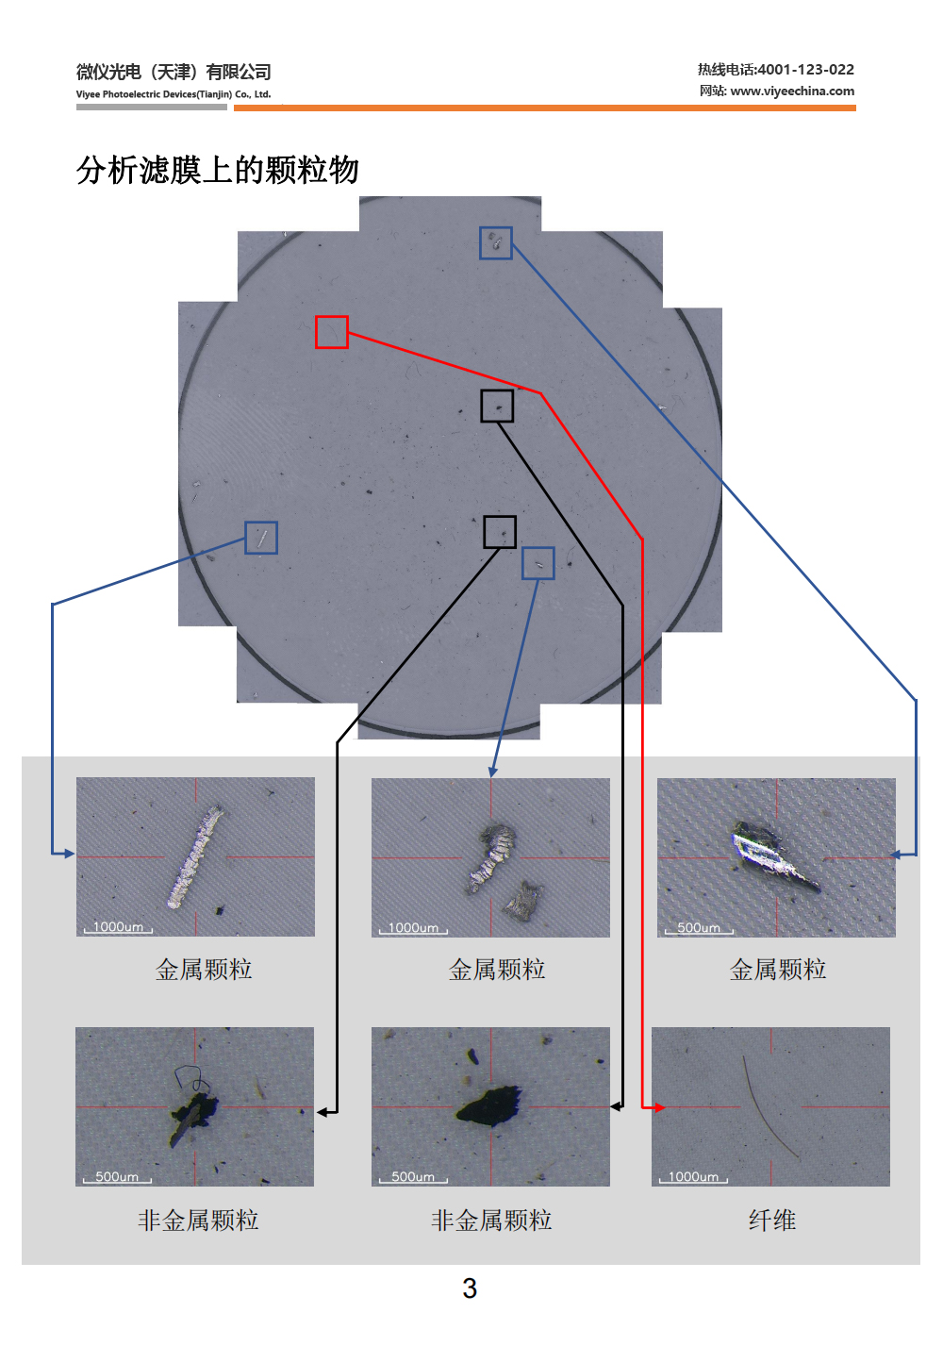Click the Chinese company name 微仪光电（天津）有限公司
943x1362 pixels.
coord(174,72)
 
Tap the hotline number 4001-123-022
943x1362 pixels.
coord(805,70)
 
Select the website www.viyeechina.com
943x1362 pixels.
coord(792,91)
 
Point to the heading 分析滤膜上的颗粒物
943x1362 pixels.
coord(218,171)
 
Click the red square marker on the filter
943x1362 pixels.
coord(332,332)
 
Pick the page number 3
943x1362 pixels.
coord(470,1288)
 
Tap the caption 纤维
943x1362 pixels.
coord(772,1221)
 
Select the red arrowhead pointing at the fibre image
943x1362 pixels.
coord(660,1107)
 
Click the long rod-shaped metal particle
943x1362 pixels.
coord(195,855)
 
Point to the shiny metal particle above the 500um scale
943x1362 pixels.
coord(771,855)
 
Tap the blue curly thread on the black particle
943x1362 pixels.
coord(191,1077)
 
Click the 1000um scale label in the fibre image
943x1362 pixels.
coord(693,1177)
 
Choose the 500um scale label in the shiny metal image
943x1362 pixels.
coord(699,928)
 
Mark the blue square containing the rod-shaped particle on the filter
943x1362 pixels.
coord(261,539)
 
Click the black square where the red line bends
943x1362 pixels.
coord(498,407)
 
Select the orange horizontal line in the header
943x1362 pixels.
coord(545,108)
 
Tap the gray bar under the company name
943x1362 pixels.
coord(152,108)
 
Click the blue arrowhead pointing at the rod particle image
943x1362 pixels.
coord(68,854)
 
